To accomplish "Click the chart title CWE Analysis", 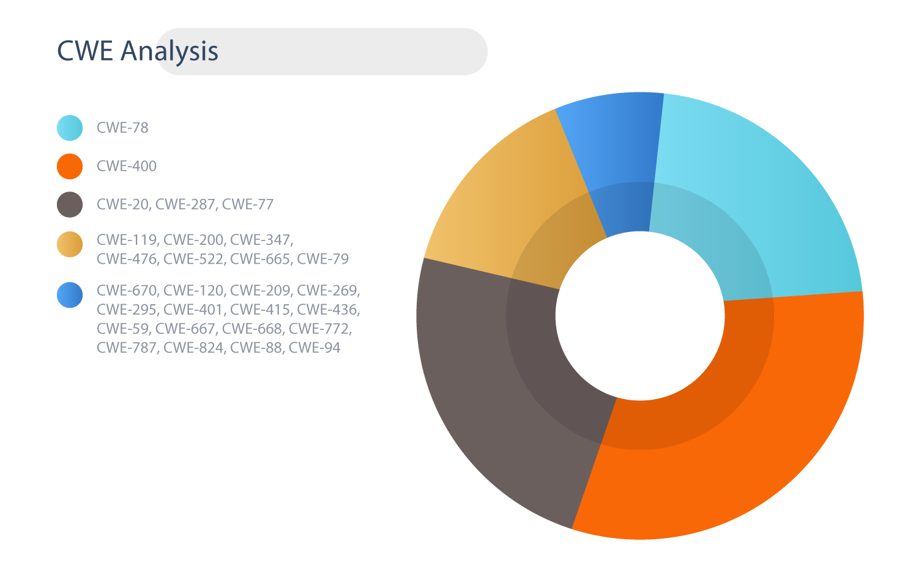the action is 137,51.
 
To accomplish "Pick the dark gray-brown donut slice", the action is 507,384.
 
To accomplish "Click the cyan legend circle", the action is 70,128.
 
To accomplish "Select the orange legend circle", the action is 70,166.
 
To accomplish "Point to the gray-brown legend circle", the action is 70,204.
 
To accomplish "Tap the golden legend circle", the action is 70,244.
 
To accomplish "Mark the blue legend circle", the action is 70,295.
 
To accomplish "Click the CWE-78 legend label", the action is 122,128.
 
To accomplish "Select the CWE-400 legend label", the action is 127,166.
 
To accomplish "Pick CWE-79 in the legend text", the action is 323,259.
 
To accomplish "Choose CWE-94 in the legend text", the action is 315,348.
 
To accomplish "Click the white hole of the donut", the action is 640,316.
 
